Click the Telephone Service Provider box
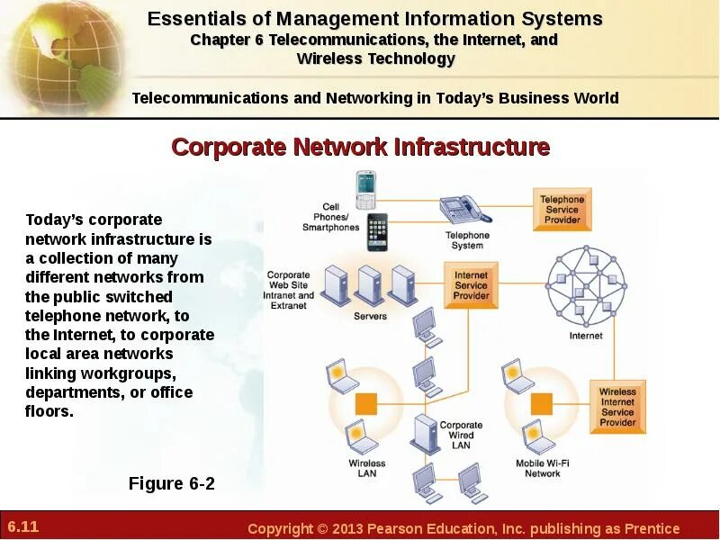(x=562, y=210)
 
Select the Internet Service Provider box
(x=471, y=285)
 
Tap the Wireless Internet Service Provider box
(x=617, y=407)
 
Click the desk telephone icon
(x=464, y=210)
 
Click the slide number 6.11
(x=23, y=526)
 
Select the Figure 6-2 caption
(x=172, y=484)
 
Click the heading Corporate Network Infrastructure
(x=360, y=147)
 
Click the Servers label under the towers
(x=370, y=317)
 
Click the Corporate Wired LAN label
(x=461, y=435)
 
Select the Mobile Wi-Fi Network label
(x=542, y=468)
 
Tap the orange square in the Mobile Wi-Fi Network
(x=541, y=401)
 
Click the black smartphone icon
(x=376, y=232)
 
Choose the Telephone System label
(x=467, y=240)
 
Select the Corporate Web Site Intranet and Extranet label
(x=291, y=291)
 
